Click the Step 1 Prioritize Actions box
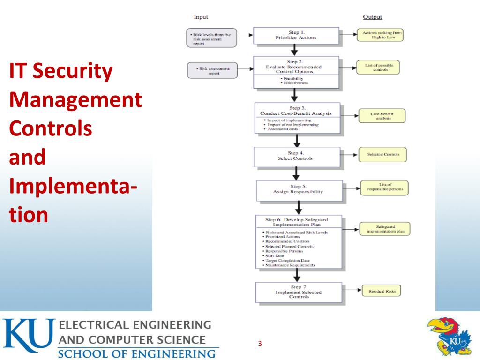pos(296,35)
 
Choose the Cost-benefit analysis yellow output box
pos(382,116)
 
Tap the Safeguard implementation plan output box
pos(385,229)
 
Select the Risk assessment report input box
pos(212,71)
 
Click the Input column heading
pos(201,17)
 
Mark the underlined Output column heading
pos(373,17)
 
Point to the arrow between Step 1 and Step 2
pos(294,49)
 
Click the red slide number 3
pos(260,344)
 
